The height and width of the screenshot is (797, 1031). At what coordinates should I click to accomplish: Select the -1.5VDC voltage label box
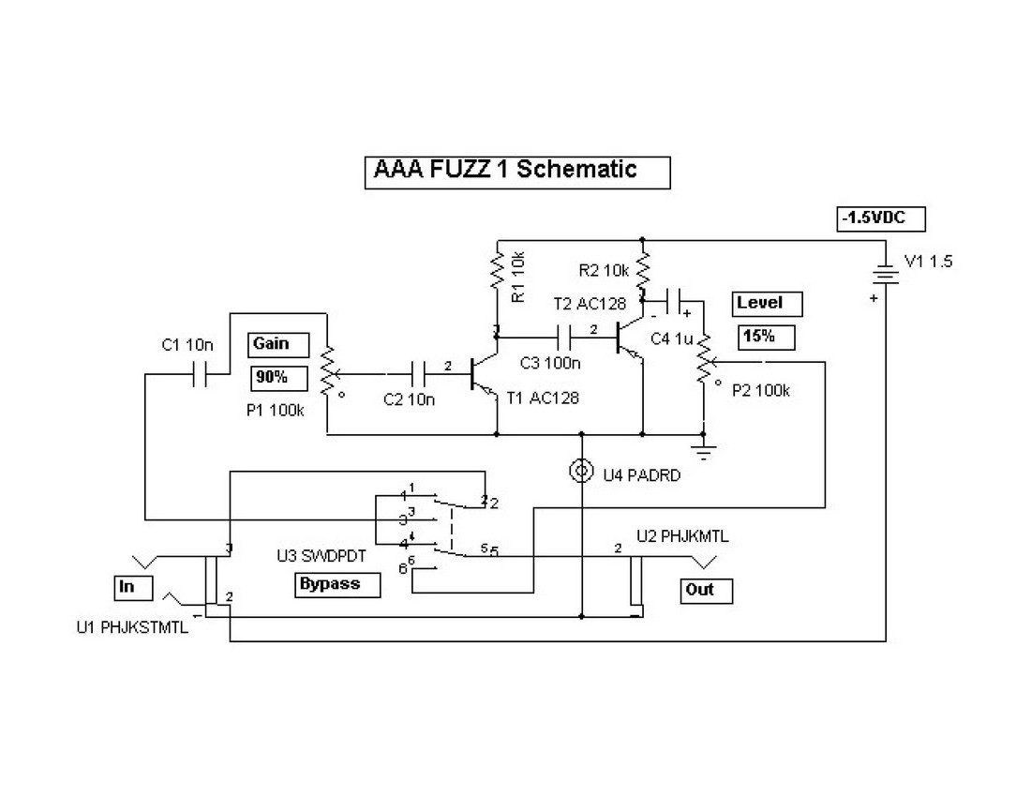pos(882,219)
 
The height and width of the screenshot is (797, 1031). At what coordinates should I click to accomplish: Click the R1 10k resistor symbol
pos(496,274)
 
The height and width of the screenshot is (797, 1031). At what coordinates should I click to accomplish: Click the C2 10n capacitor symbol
pos(419,375)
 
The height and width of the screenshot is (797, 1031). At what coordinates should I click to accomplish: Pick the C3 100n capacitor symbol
pos(565,336)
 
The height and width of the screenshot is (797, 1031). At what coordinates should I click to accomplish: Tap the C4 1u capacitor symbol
pos(678,302)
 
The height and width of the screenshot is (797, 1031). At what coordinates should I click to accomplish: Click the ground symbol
pos(704,446)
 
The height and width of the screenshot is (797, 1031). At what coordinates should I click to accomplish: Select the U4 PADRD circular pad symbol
pos(582,470)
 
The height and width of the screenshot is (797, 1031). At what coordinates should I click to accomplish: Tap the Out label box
pos(706,590)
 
